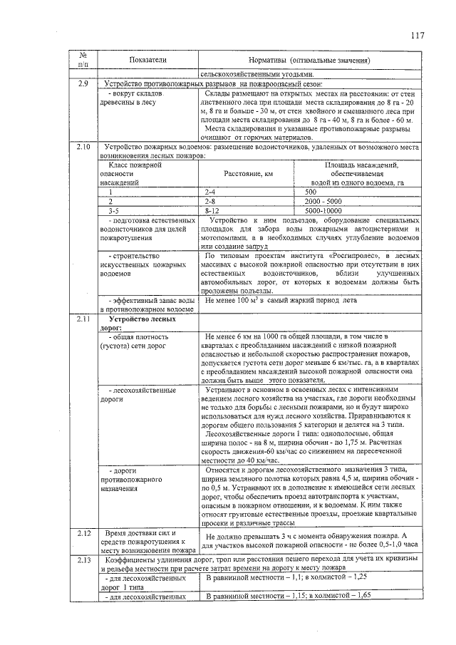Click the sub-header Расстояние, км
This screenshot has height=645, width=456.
(x=248, y=173)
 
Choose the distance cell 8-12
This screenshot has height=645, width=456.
(x=212, y=211)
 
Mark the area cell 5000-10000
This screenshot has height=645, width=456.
(x=323, y=211)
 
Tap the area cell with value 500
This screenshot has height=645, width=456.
(x=311, y=192)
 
